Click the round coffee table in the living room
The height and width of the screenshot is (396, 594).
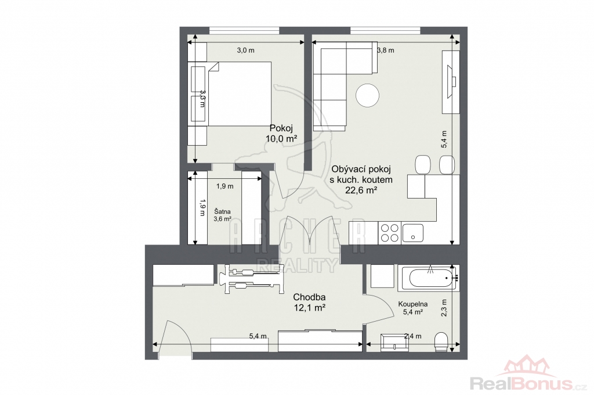[367, 95]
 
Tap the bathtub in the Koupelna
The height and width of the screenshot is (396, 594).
[429, 278]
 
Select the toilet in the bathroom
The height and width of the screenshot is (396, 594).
[441, 342]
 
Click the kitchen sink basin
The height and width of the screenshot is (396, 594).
[413, 233]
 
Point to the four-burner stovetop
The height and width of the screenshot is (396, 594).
[389, 233]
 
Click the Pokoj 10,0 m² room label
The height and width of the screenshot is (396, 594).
[281, 133]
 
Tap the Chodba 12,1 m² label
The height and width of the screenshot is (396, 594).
[310, 303]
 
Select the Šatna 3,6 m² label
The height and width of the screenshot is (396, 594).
[222, 215]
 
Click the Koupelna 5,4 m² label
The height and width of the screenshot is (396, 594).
[413, 308]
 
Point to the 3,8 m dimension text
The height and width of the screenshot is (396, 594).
[386, 50]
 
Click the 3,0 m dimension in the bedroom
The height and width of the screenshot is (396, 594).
[245, 50]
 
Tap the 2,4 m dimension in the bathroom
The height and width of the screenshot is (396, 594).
[412, 336]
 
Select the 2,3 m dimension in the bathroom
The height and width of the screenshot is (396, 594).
[444, 308]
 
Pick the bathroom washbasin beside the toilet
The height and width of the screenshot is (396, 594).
[395, 341]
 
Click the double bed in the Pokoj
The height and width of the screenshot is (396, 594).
[239, 93]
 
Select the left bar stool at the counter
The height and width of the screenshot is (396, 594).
[422, 165]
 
